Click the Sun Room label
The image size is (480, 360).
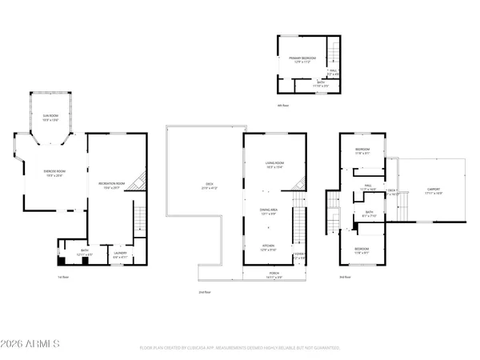coord(50,117)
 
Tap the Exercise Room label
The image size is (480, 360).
coord(54,173)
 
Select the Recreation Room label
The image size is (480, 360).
coord(112,186)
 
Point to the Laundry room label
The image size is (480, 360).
coord(120,254)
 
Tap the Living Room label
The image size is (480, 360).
coord(275,165)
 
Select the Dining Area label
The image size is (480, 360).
coord(269,211)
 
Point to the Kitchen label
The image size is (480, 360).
coord(269,247)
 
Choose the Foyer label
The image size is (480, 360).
coord(299,256)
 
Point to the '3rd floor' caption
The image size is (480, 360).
coord(344,277)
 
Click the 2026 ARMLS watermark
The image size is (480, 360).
coord(32,344)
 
